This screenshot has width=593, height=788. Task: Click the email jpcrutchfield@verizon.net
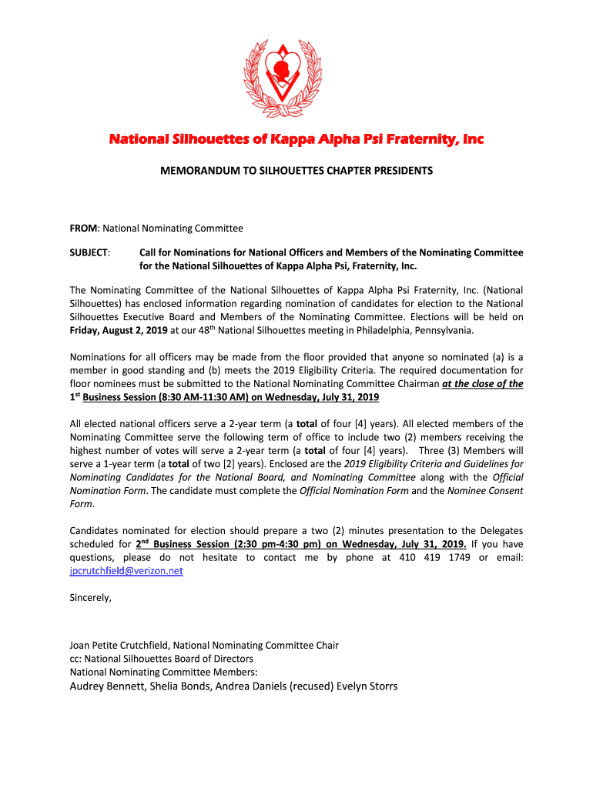(x=126, y=571)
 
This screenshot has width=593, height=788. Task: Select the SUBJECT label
(x=89, y=253)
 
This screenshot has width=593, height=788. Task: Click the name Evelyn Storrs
(x=367, y=686)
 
